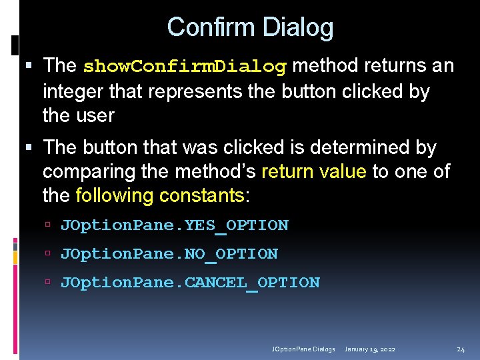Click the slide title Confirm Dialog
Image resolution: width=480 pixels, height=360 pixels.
pyautogui.click(x=250, y=27)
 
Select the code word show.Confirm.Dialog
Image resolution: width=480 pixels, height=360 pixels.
pyautogui.click(x=185, y=66)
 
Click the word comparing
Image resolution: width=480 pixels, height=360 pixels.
pyautogui.click(x=89, y=171)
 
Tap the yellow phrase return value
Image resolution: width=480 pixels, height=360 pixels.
pyautogui.click(x=314, y=171)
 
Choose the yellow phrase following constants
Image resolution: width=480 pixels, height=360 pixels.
pyautogui.click(x=161, y=195)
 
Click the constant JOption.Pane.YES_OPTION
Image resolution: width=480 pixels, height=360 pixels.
pyautogui.click(x=175, y=225)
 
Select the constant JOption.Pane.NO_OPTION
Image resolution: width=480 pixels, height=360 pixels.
pyautogui.click(x=169, y=254)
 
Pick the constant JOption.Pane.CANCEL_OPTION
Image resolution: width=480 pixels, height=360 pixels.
pyautogui.click(x=190, y=283)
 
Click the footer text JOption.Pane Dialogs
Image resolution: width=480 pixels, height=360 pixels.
pyautogui.click(x=303, y=349)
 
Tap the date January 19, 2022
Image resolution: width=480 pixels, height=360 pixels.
pyautogui.click(x=371, y=349)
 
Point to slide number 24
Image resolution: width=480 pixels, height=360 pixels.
pyautogui.click(x=461, y=349)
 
